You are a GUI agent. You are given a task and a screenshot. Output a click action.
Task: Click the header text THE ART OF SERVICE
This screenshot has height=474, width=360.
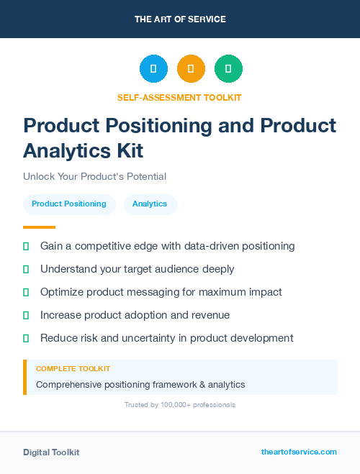(180, 19)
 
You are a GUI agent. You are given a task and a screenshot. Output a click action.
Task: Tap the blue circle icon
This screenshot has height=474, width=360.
(153, 69)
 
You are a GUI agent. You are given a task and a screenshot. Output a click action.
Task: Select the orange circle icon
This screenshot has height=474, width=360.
(191, 69)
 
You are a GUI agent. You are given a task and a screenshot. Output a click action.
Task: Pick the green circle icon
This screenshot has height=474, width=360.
(228, 69)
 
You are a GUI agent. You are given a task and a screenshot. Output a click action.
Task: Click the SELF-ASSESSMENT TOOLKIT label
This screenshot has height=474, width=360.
(179, 97)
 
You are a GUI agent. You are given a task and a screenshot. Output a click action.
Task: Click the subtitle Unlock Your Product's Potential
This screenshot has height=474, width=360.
(94, 176)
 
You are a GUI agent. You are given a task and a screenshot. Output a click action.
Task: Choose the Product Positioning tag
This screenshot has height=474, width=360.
(69, 204)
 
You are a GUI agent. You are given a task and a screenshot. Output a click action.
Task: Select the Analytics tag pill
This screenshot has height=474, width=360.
(150, 204)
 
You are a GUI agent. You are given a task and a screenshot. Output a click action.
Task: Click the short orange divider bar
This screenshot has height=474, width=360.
(39, 227)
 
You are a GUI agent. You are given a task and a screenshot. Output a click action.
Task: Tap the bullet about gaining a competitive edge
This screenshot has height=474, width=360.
(167, 246)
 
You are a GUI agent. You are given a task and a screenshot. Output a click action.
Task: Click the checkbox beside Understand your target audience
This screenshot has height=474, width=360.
(26, 269)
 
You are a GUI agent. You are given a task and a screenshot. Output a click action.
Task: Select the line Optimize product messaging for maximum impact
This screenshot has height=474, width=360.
(161, 292)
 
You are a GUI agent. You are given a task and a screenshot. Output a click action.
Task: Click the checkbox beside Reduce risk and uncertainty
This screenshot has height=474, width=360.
(26, 338)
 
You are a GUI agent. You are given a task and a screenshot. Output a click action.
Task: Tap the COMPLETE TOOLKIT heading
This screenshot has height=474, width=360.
(73, 368)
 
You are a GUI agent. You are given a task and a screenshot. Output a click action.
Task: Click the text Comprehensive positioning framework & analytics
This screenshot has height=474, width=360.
(140, 384)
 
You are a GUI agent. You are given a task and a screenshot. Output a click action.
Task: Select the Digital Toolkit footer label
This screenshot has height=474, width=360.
(51, 452)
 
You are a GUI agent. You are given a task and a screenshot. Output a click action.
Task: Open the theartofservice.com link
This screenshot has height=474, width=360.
(299, 452)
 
